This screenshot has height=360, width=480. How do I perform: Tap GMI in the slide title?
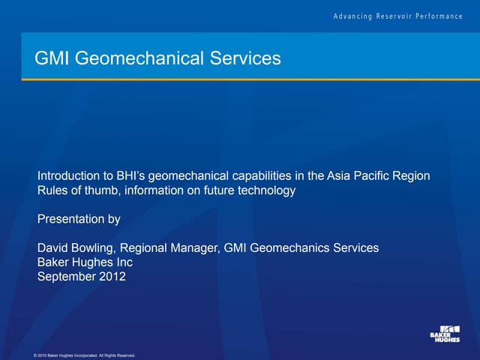click(52, 58)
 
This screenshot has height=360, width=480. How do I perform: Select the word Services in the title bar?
click(242, 58)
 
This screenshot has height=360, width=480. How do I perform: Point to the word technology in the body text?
click(266, 190)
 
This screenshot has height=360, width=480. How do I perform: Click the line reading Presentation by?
click(79, 220)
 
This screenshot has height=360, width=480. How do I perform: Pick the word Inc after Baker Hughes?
click(121, 262)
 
